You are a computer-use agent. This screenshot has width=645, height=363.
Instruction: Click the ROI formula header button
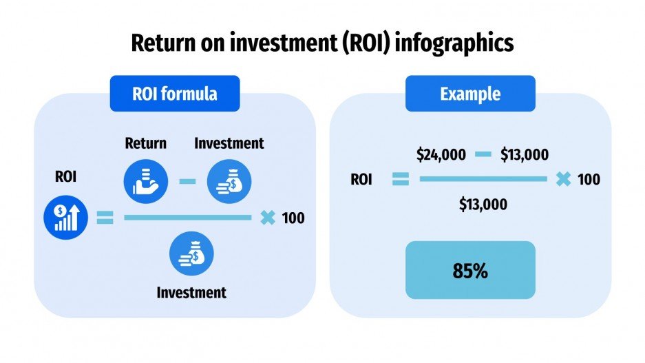pos(175,94)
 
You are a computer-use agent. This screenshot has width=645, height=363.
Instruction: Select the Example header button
pos(470,94)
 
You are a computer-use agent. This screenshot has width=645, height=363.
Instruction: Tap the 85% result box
pos(470,270)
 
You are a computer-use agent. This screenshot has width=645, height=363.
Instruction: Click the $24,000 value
pos(441,154)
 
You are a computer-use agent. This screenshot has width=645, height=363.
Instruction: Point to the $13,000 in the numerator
pos(525,154)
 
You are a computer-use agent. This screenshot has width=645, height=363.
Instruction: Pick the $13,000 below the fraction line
pos(483,204)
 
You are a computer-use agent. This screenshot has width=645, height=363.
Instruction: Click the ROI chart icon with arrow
pos(65,218)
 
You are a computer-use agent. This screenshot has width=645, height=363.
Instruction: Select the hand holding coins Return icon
pos(145,180)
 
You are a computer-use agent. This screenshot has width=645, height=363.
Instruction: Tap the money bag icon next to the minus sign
pos(229,180)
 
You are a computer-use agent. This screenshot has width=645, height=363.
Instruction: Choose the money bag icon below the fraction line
pos(192,253)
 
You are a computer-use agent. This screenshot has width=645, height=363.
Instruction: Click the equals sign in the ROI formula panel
pos(105,218)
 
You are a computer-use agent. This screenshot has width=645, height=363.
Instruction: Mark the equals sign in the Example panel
pos(401,180)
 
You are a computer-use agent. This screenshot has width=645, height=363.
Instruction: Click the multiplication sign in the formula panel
pos(268,218)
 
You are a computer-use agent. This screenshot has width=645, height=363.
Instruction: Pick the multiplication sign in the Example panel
pos(563,180)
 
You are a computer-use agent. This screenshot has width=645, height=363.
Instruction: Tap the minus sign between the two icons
pos(187,181)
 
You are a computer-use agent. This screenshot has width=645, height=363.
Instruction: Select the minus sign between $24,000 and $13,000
pos(483,154)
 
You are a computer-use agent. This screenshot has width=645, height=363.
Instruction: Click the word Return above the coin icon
pos(145,143)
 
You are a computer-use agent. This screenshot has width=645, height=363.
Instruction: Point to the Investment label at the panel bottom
pos(191,292)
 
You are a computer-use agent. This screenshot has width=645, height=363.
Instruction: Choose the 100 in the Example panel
pos(589,180)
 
